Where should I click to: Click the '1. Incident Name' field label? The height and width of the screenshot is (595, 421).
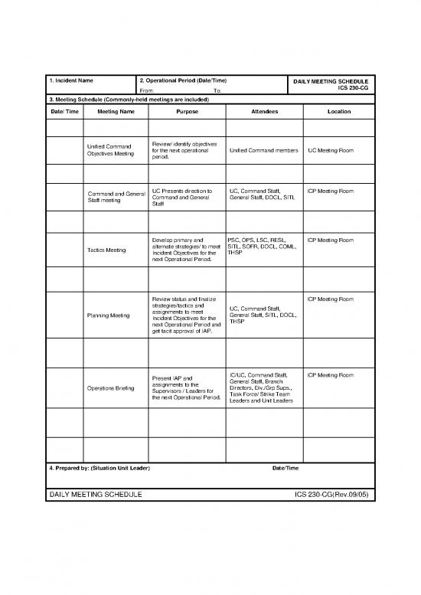click(x=73, y=80)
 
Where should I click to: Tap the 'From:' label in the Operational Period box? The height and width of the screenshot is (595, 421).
click(x=148, y=91)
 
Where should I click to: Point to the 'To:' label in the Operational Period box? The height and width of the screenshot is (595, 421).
click(x=218, y=91)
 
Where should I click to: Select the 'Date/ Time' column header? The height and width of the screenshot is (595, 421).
click(x=63, y=112)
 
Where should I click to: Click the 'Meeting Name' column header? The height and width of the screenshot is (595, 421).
click(x=116, y=112)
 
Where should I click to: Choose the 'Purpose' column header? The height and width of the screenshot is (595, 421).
click(x=187, y=112)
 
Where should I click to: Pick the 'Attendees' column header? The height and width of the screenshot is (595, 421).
click(x=264, y=112)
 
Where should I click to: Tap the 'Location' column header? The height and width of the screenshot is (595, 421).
click(x=339, y=112)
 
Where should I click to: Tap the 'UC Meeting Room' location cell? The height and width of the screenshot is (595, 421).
click(x=331, y=150)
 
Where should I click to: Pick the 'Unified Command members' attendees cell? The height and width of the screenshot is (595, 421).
click(x=264, y=150)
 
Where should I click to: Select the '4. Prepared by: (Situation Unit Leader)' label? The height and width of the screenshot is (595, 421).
click(x=100, y=468)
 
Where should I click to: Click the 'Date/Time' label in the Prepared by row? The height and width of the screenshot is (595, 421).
click(x=286, y=468)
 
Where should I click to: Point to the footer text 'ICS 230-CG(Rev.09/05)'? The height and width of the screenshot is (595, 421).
click(x=332, y=495)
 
